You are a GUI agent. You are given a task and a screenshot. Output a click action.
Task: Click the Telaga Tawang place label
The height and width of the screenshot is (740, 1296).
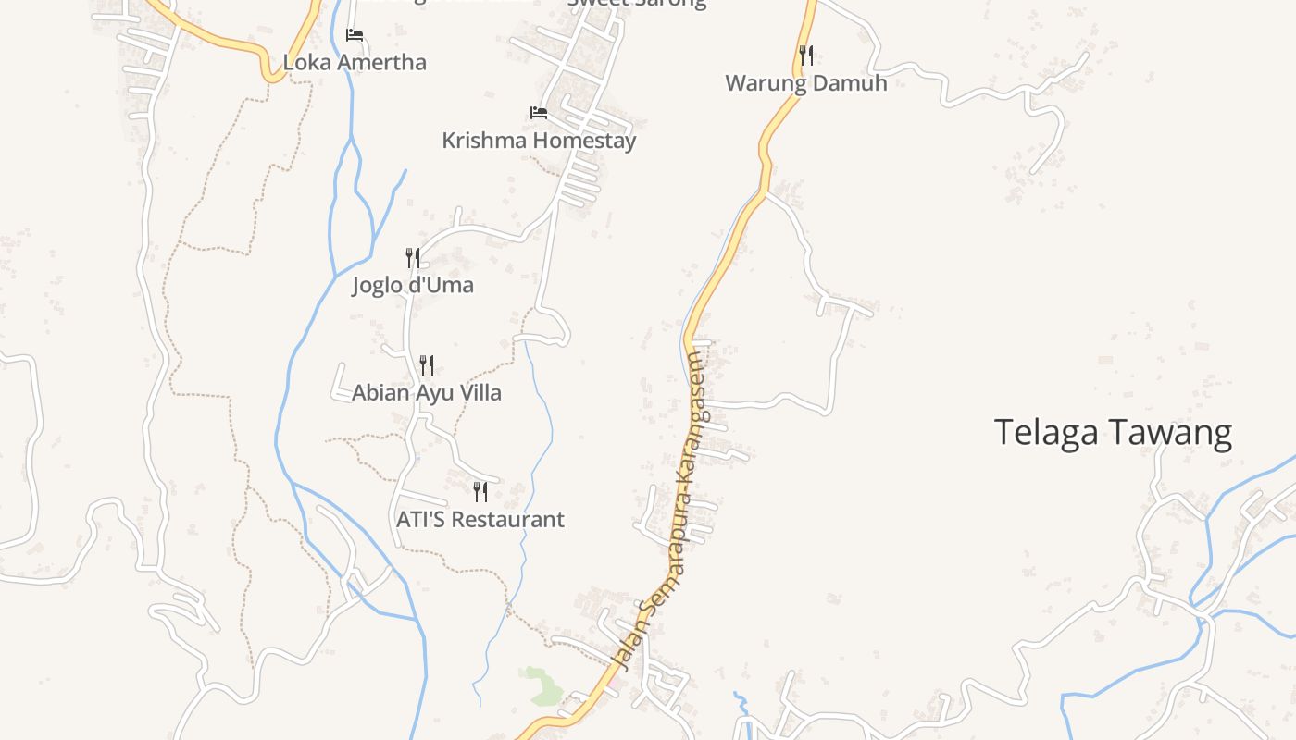1113,433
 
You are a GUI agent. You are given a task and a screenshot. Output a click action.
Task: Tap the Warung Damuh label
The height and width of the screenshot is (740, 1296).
805,83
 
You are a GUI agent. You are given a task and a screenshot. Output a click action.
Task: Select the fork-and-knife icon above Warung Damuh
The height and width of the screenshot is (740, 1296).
806,55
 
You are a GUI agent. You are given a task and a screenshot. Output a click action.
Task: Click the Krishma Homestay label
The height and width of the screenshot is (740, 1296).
539,141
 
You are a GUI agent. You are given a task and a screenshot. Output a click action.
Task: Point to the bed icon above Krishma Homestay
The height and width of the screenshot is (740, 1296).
539,113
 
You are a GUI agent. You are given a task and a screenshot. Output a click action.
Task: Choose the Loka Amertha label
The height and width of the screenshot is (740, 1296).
355,63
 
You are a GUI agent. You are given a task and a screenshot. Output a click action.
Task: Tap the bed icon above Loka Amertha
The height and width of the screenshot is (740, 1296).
355,35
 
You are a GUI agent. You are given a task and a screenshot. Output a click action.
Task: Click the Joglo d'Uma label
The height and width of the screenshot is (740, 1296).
413,285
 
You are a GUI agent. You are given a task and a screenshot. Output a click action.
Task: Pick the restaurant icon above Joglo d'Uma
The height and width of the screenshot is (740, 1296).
413,257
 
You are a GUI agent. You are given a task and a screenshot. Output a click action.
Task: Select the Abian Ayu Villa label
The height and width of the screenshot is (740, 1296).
427,392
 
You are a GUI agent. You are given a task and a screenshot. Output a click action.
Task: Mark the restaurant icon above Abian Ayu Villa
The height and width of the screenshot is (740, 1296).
427,364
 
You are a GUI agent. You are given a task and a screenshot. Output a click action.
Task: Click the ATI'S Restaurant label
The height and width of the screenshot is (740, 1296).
480,520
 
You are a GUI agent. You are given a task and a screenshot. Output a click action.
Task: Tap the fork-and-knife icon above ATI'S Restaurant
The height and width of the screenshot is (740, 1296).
480,491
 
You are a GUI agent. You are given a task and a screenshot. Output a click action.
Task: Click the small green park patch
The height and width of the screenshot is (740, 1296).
542,684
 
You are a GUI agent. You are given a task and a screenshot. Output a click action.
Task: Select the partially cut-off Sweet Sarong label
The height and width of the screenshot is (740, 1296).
636,3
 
